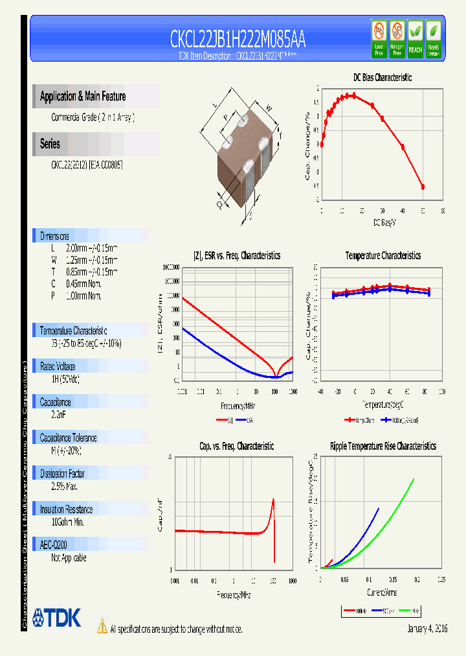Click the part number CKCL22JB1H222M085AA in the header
(238, 40)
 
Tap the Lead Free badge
(379, 38)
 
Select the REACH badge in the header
(415, 38)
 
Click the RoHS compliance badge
(433, 38)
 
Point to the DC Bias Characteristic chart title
(383, 77)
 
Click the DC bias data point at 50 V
(423, 187)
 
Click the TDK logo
(56, 618)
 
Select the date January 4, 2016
(427, 629)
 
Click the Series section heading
(50, 144)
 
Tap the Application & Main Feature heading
(83, 97)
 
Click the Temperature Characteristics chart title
(383, 256)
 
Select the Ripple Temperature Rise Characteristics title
(383, 447)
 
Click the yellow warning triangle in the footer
(102, 626)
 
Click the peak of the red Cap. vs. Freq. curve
(273, 499)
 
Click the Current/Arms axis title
(382, 592)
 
